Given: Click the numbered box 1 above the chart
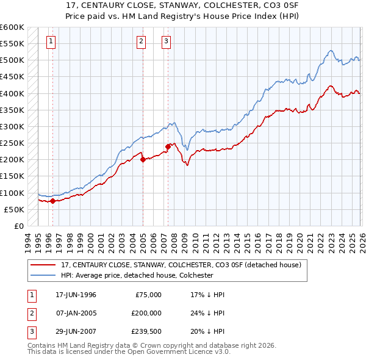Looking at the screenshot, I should tap(50, 41).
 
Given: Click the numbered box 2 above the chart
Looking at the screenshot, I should tap(141, 41).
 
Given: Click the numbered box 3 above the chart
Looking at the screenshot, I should tap(166, 41).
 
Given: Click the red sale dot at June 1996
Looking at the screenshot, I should tap(52, 201).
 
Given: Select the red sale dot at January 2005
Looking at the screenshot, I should tap(143, 159).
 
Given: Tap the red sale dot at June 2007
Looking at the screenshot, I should tap(168, 146).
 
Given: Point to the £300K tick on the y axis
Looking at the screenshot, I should tap(12, 126).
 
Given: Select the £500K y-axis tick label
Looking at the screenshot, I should tap(12, 60).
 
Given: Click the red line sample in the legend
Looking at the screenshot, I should tap(43, 265).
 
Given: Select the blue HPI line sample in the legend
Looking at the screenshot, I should tap(43, 276).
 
